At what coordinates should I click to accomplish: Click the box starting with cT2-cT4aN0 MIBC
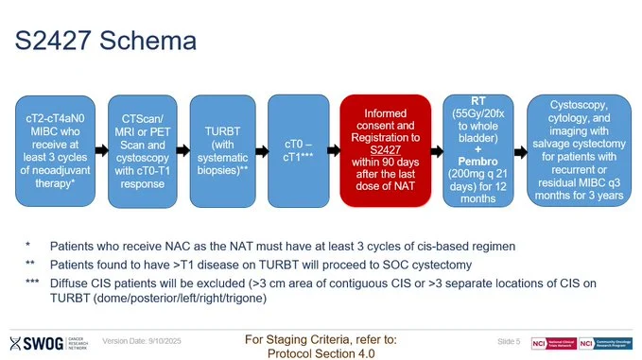click(60, 149)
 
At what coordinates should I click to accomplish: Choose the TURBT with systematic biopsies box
click(224, 149)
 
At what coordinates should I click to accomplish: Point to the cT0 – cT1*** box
click(298, 149)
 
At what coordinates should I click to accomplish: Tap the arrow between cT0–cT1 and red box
click(334, 150)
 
